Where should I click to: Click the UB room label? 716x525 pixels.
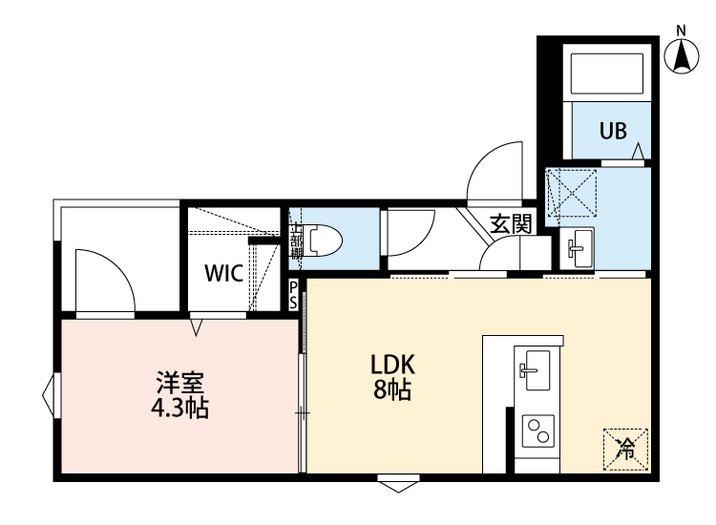pos(613,132)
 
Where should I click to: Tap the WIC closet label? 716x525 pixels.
pos(223,272)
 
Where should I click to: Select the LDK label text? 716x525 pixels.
pos(391,365)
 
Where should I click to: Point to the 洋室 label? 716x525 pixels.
pos(179,386)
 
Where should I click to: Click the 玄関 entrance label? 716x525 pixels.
pos(511,225)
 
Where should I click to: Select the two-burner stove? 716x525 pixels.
pos(537,430)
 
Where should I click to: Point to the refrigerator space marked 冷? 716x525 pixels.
pos(625,447)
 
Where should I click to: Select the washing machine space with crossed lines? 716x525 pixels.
pos(571,196)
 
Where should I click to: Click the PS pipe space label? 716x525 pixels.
pos(293,294)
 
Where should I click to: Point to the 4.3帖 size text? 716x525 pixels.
pos(179,410)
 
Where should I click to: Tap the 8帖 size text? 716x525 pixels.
pos(391,389)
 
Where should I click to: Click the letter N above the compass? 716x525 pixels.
pos(682,29)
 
